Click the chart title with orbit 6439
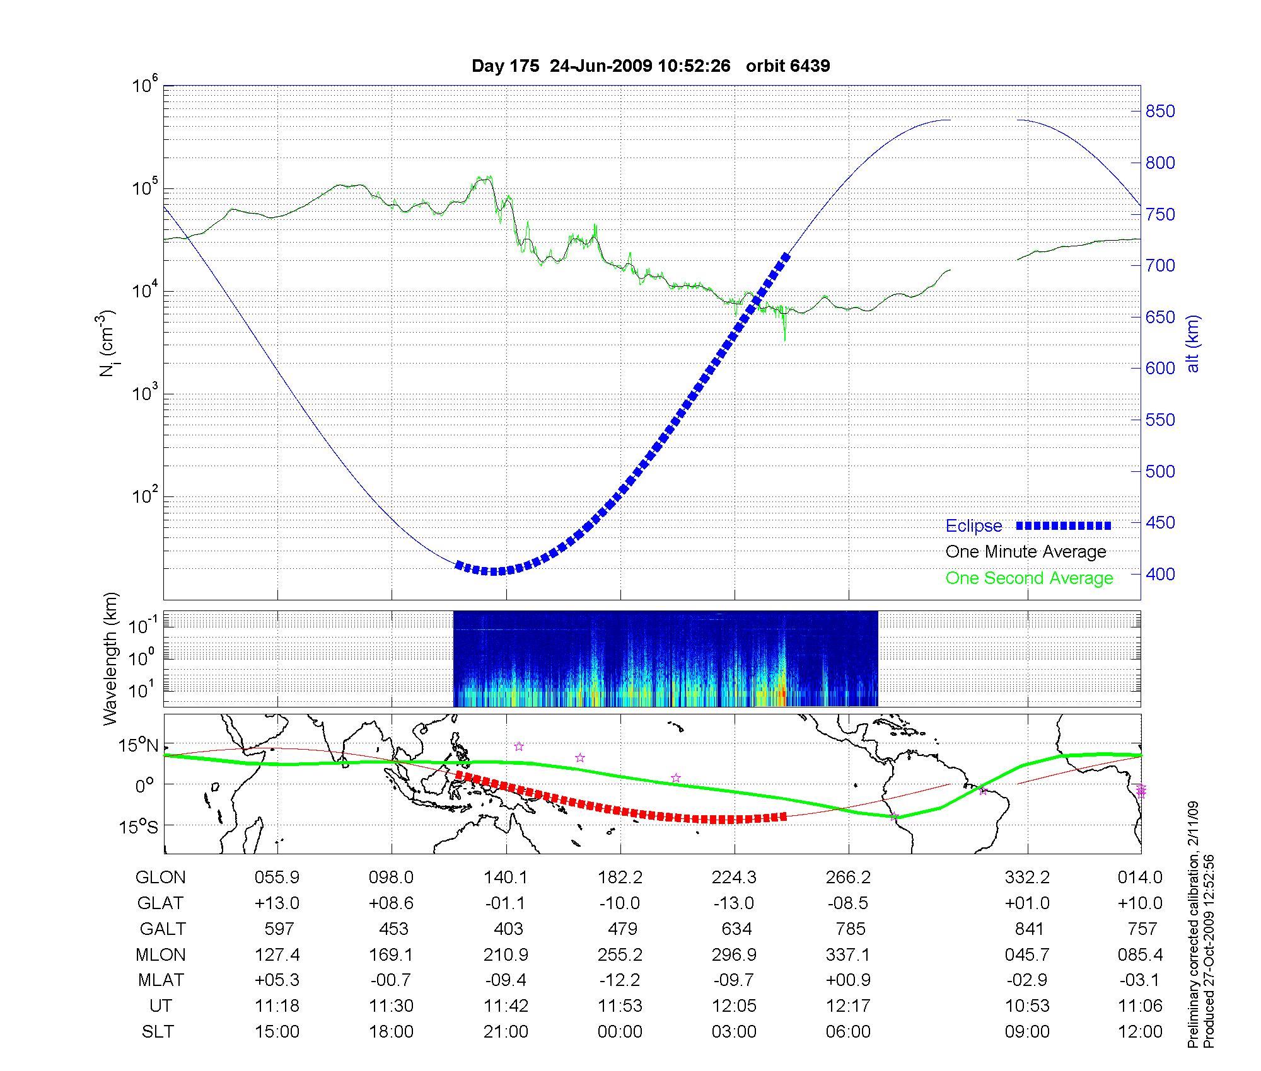click(650, 66)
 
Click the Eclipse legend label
click(973, 526)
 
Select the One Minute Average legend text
click(1026, 552)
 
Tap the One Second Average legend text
click(1029, 578)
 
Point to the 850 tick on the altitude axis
click(1160, 112)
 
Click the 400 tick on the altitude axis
click(1160, 574)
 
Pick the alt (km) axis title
click(1193, 343)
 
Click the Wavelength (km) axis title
click(111, 658)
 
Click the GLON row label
click(161, 878)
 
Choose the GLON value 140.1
click(506, 878)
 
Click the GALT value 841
click(1028, 929)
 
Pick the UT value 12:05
click(735, 1006)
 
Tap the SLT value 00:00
click(620, 1032)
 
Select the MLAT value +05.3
click(277, 980)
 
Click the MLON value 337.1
click(849, 955)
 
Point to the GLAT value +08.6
click(391, 903)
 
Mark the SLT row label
click(158, 1032)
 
